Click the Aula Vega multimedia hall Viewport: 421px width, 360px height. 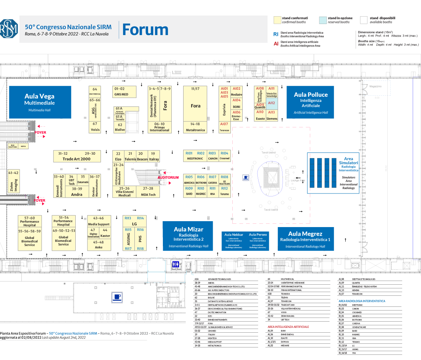(40, 102)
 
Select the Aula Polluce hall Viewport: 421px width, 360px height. (310, 102)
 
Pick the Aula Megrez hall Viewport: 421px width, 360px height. (305, 238)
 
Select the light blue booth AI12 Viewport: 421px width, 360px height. (271, 103)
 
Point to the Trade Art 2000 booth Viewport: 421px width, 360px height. (76, 156)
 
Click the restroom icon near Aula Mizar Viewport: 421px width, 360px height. (175, 264)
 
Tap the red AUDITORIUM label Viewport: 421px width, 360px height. (168, 178)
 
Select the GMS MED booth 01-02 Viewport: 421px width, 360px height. (121, 92)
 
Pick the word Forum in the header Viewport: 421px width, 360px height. (145, 30)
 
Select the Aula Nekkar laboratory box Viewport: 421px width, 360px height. (234, 240)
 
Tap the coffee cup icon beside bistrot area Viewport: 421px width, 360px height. (246, 178)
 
